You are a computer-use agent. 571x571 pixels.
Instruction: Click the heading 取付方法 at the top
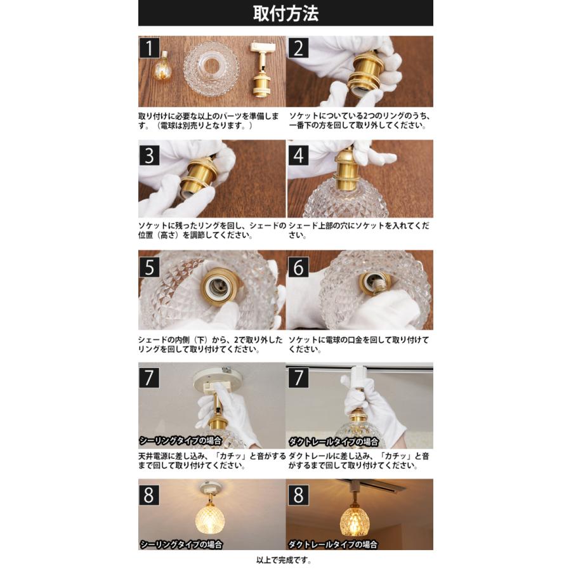tap(285, 13)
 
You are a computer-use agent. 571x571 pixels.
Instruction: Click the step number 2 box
tap(298, 48)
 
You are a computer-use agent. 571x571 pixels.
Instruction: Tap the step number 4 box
tap(298, 155)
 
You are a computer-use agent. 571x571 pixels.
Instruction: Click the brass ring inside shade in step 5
tap(220, 289)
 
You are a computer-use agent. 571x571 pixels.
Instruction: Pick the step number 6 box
tap(298, 266)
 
